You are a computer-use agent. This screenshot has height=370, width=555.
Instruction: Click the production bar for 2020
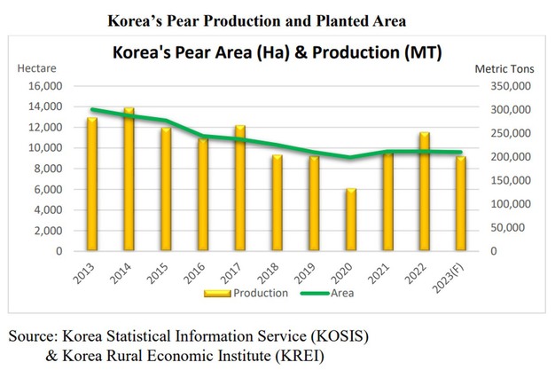click(351, 220)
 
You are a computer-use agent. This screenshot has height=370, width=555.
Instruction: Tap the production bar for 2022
click(425, 192)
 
